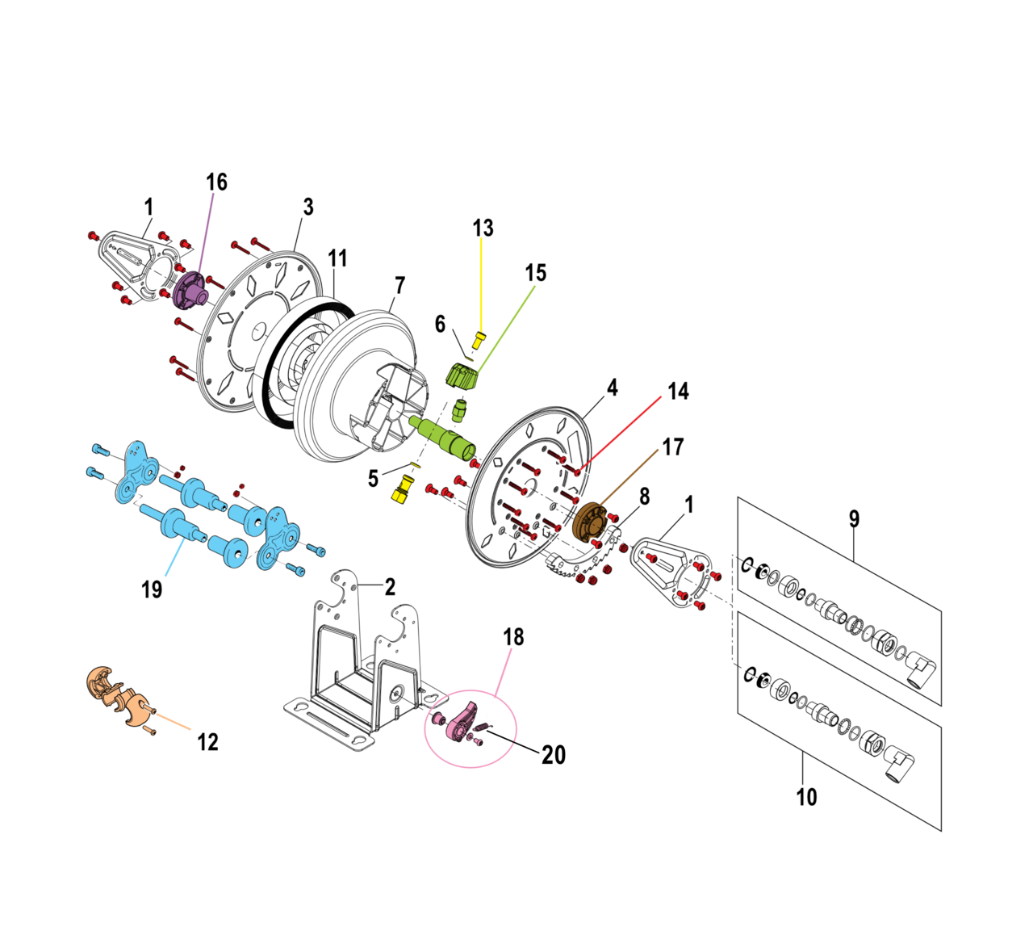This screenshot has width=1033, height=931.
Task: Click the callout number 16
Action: (216, 182)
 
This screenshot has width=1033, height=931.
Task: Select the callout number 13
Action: (483, 229)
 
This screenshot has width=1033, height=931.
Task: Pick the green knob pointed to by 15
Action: (462, 377)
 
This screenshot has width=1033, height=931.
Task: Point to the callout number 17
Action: (673, 447)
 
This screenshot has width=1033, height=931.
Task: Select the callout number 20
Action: (554, 755)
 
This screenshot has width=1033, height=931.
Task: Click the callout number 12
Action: (207, 742)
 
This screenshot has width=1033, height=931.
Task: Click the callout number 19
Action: (152, 589)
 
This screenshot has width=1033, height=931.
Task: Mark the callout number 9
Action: (854, 518)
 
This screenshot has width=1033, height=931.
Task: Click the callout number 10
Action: (806, 797)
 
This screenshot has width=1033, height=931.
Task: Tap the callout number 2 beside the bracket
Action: (390, 587)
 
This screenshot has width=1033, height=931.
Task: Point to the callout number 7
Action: (399, 286)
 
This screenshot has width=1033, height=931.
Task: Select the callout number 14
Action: (678, 392)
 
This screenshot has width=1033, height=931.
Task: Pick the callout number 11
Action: (337, 258)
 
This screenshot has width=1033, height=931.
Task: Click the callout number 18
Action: (513, 637)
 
